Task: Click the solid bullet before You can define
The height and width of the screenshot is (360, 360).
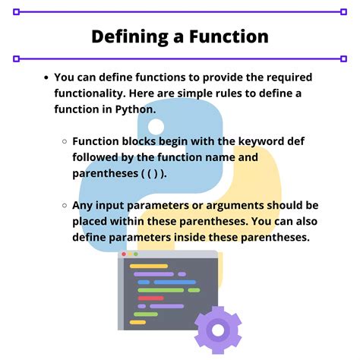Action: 47,77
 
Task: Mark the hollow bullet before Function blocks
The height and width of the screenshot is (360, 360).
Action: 65,142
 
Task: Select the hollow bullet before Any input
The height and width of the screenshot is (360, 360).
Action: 65,206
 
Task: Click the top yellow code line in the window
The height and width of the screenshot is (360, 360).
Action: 148,267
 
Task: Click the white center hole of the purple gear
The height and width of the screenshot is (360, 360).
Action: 218,330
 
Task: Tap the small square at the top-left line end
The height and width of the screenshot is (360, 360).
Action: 16,12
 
